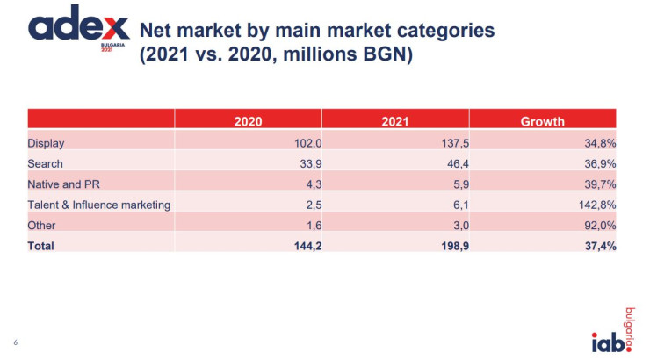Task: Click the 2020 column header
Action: [248, 122]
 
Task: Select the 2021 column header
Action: [395, 122]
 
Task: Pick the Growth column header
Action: [542, 122]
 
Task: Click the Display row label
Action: [47, 143]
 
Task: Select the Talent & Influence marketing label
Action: [99, 205]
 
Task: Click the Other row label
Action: [42, 226]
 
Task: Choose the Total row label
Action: [41, 246]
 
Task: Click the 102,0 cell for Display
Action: [300, 143]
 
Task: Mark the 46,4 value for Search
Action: [448, 164]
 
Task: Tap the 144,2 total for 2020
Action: [300, 246]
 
